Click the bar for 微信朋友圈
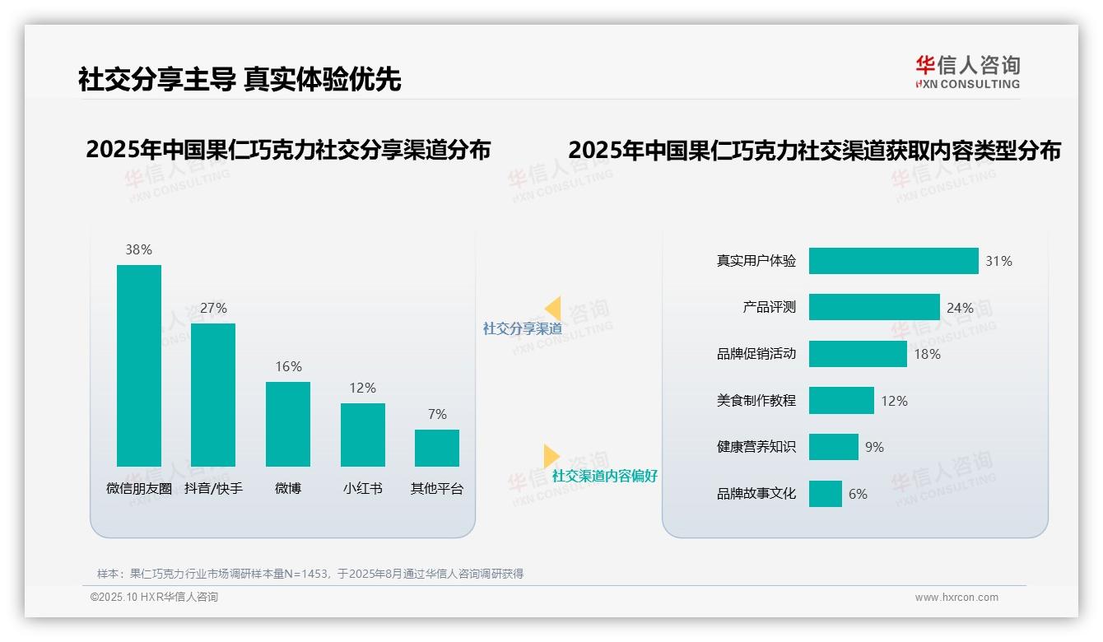[x=139, y=365]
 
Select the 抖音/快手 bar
[x=213, y=395]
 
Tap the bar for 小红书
[x=362, y=435]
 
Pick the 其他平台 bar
[x=437, y=448]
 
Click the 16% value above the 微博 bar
[x=288, y=367]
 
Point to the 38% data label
[x=138, y=250]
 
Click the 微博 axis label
[x=288, y=488]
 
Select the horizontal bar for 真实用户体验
[x=893, y=261]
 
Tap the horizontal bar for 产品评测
[x=873, y=307]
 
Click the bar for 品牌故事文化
[x=825, y=494]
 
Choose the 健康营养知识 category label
[x=756, y=447]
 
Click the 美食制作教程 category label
[x=756, y=401]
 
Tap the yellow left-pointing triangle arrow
[x=552, y=309]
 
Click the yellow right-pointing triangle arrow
[x=551, y=456]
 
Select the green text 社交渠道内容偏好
[x=604, y=476]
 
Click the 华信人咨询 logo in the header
[x=967, y=72]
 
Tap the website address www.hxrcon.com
[x=956, y=598]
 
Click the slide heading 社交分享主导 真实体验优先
[x=240, y=79]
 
